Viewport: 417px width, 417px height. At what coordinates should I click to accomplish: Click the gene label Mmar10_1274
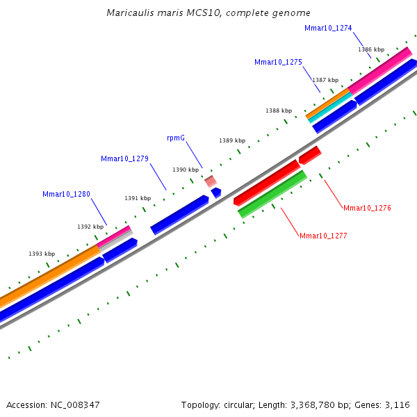coord(328,28)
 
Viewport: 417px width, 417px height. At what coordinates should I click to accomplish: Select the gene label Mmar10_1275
coord(278,62)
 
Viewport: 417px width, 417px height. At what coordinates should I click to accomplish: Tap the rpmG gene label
coord(176,138)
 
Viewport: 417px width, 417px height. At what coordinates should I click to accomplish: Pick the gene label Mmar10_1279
coord(124,158)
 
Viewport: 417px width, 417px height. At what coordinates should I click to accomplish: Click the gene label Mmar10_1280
coord(66,194)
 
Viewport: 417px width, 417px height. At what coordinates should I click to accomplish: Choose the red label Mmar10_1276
coord(367,208)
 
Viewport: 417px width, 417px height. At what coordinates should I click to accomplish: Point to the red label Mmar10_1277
coord(323,236)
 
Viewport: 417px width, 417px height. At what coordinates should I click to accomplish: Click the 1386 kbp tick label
coord(371,49)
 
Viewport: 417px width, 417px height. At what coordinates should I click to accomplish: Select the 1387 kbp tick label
coord(325,80)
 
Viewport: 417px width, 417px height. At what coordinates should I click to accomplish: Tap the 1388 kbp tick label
coord(279,111)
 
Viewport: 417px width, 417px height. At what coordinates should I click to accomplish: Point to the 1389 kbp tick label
coord(232,140)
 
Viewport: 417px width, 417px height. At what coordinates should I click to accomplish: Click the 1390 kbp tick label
coord(186,170)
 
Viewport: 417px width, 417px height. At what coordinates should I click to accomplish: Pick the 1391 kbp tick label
coord(138,198)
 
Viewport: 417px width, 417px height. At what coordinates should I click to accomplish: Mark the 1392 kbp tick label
coord(90,227)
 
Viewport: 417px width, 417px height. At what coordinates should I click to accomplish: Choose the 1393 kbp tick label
coord(42,254)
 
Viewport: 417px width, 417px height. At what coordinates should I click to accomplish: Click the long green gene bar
coord(272,195)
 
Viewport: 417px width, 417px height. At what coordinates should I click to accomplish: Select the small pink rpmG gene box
coord(210,181)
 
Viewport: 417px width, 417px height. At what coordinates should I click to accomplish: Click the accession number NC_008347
coord(74,404)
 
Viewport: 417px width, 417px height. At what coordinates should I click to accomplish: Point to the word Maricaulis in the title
coord(129,13)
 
